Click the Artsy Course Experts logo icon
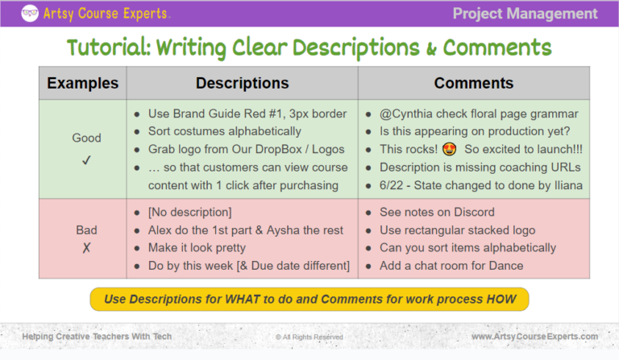(x=30, y=13)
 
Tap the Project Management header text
(x=525, y=13)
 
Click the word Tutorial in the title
(x=107, y=48)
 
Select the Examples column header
(x=82, y=83)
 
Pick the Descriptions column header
(x=242, y=83)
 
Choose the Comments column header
(x=473, y=83)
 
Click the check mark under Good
(x=86, y=160)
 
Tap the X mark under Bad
(x=86, y=247)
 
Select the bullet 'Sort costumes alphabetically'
(x=224, y=131)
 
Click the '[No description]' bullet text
(x=190, y=212)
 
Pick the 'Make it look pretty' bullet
(x=197, y=247)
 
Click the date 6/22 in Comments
(x=394, y=185)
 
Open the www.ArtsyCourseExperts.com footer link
(x=534, y=336)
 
